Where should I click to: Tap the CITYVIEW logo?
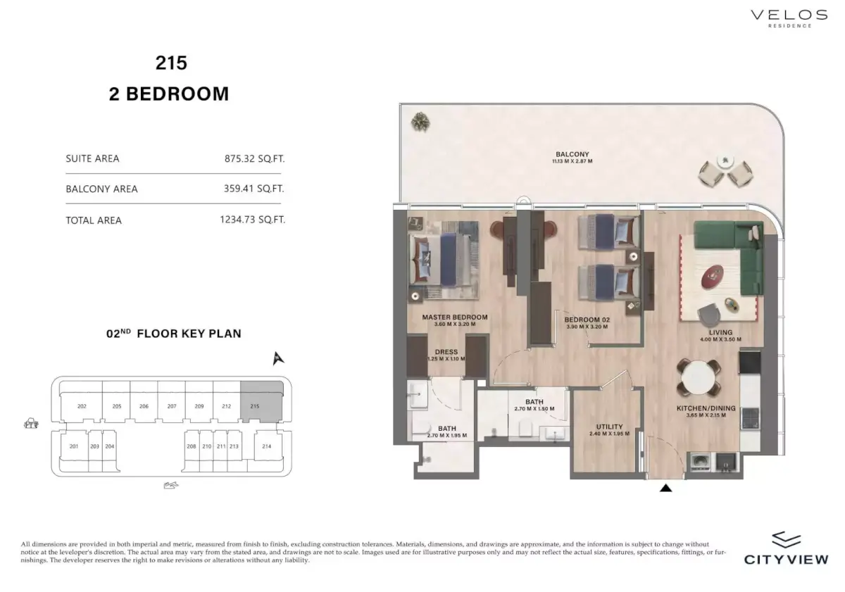tap(786, 548)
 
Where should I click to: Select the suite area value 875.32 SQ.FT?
tap(254, 158)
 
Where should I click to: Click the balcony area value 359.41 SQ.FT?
tap(254, 189)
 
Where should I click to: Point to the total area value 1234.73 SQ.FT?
tap(252, 220)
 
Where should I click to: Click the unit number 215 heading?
tap(171, 63)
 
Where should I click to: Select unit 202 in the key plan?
tap(82, 406)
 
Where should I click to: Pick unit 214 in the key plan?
tap(266, 446)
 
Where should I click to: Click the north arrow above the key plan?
tap(279, 359)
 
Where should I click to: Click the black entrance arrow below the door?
tap(665, 487)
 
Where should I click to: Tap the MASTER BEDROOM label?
tap(454, 317)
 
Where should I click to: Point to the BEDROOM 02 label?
tap(587, 320)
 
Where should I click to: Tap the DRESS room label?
tap(446, 352)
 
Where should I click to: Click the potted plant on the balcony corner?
tap(420, 122)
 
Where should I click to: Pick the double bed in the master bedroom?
tap(444, 257)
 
